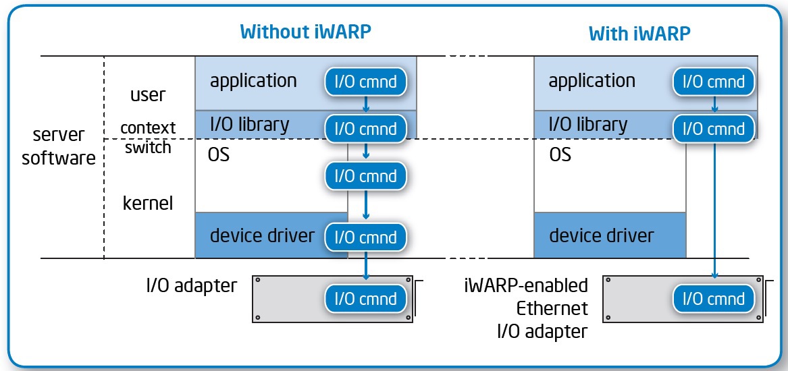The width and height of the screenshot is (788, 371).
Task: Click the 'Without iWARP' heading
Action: tap(306, 31)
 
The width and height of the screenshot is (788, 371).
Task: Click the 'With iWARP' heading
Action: tap(639, 33)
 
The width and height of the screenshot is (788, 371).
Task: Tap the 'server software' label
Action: tap(58, 146)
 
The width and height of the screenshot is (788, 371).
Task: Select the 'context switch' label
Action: tap(148, 137)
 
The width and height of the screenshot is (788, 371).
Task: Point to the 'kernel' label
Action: tap(148, 203)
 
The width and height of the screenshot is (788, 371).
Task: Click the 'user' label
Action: tap(147, 95)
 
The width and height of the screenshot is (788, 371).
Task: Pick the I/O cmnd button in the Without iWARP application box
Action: tap(365, 82)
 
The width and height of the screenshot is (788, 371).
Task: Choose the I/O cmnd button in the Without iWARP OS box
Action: tap(365, 176)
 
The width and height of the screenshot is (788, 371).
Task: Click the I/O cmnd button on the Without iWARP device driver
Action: tap(365, 237)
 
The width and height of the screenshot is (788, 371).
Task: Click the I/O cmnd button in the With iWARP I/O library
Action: tap(714, 129)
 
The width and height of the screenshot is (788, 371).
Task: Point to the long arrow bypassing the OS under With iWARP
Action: tap(714, 209)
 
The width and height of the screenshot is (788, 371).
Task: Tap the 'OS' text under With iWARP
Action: tap(560, 154)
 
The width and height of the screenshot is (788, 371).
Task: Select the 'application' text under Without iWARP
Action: tap(253, 81)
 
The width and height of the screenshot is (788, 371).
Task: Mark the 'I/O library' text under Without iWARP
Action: tap(249, 125)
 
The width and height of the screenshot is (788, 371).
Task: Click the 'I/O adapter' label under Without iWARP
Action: tap(192, 285)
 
